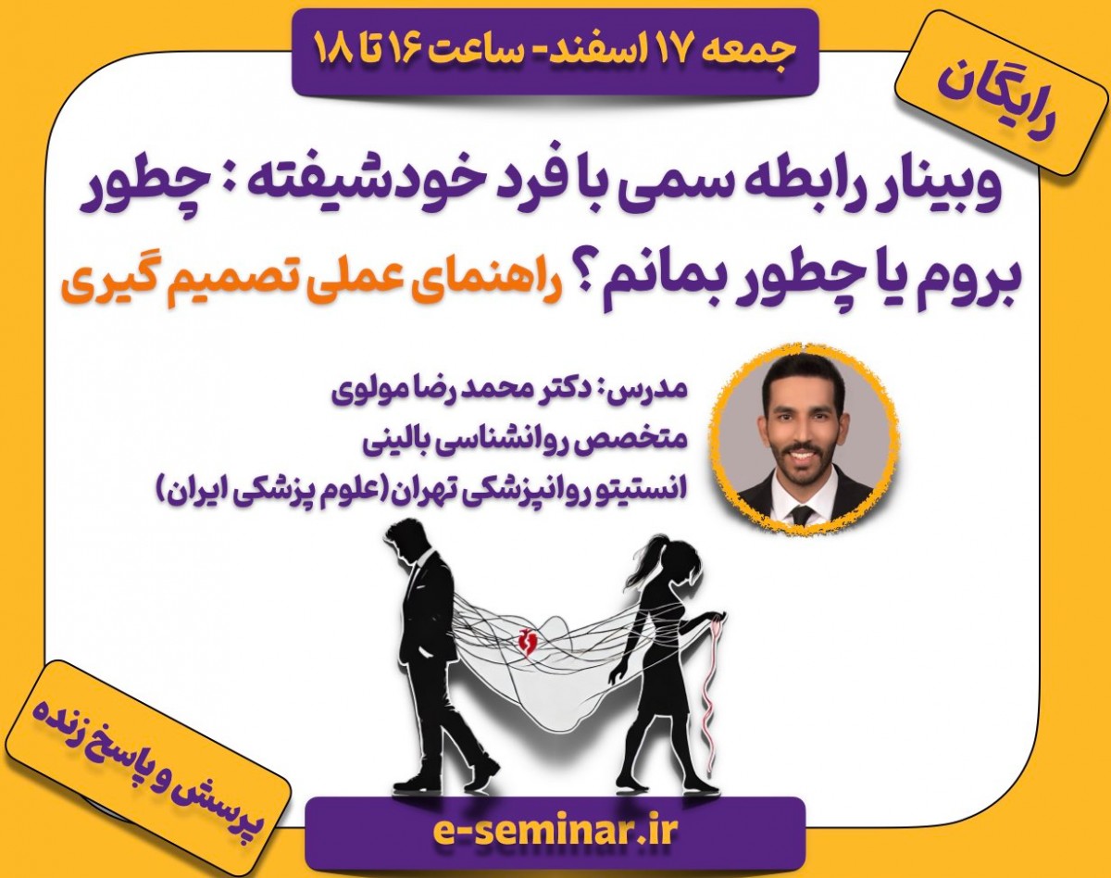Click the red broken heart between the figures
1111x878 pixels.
[530, 644]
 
